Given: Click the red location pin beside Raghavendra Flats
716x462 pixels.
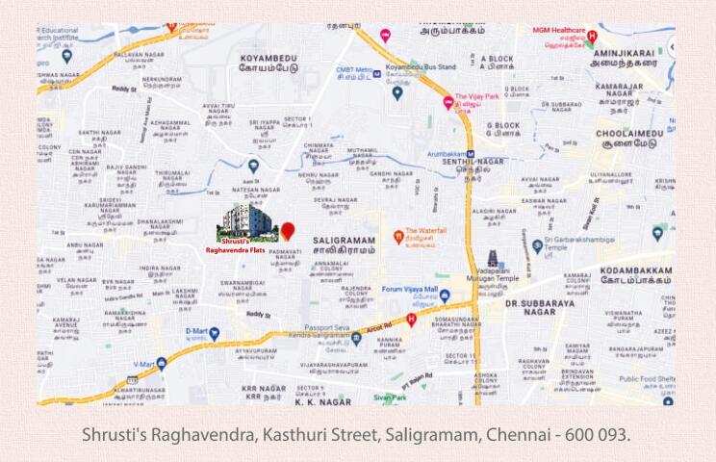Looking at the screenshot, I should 288,231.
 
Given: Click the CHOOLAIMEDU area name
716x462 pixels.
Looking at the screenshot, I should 630,134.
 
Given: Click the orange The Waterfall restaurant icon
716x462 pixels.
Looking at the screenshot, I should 397,237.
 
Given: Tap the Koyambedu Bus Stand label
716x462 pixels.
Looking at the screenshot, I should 421,68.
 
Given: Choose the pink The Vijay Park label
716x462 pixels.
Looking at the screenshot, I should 475,97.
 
